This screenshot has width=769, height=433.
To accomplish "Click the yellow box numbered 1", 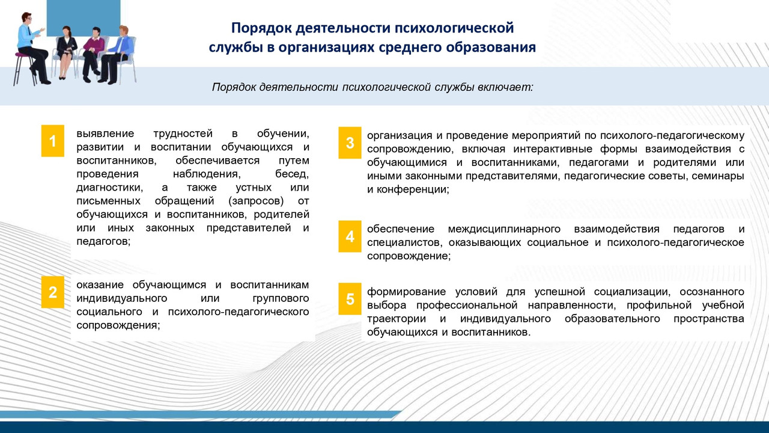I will tap(52, 141).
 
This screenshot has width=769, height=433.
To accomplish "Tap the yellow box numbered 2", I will tap(52, 292).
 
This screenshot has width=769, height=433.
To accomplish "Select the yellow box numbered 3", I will tap(350, 143).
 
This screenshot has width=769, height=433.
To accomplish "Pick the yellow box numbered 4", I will tap(350, 236).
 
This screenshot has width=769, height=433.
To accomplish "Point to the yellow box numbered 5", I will tap(350, 298).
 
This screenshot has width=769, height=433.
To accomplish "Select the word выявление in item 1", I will tap(102, 133).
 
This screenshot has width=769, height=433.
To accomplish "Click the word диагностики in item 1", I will tap(106, 188).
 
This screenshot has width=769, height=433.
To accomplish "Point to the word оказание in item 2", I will tap(101, 284).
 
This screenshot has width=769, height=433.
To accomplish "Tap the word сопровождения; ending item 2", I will tap(118, 325).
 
